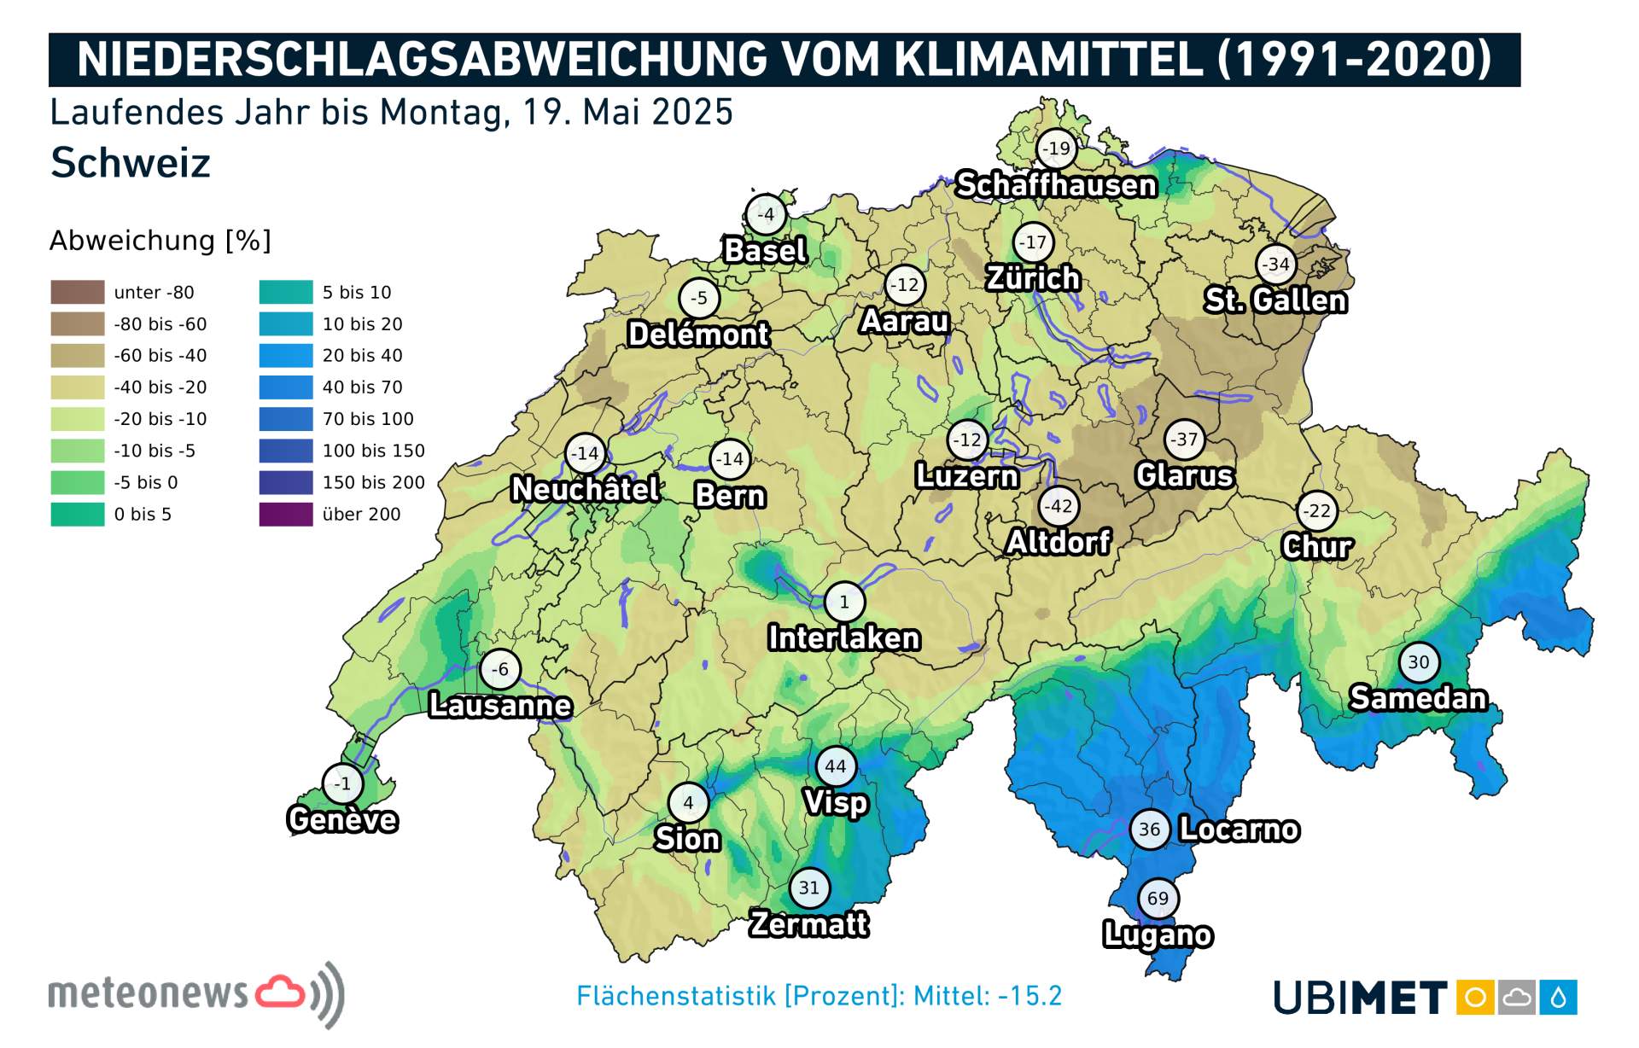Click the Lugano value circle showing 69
tap(1158, 898)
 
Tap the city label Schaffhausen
tap(1056, 185)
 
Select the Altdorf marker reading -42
tap(1059, 506)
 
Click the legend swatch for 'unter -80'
tap(78, 292)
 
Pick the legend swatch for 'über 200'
tap(286, 514)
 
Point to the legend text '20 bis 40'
tap(362, 355)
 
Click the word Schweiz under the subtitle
tap(131, 163)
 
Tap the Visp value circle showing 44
tap(836, 766)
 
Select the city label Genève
tap(342, 820)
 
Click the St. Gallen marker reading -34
tap(1276, 265)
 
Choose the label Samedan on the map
tap(1418, 698)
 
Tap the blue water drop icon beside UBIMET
tap(1558, 998)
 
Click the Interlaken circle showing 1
tap(844, 602)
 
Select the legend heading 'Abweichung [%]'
tap(160, 241)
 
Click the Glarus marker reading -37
tap(1184, 440)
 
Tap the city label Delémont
tap(698, 335)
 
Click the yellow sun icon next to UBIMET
tap(1475, 998)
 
